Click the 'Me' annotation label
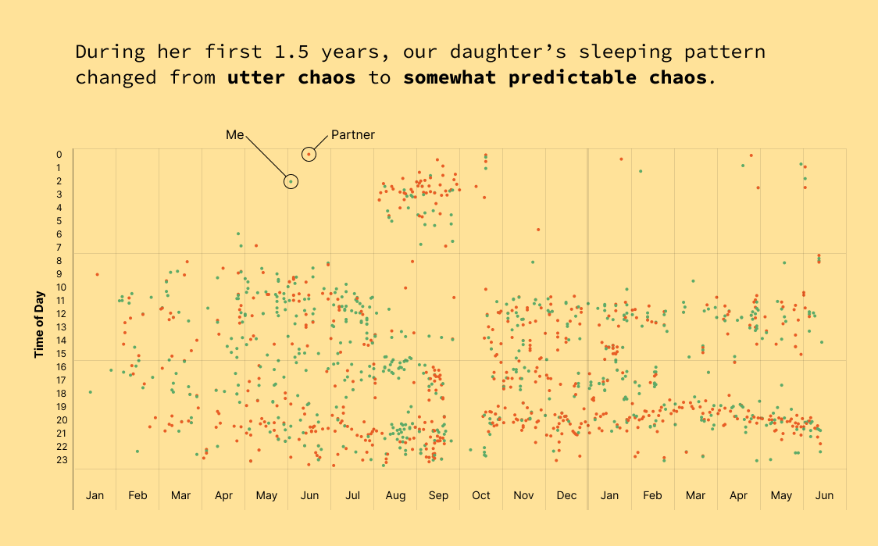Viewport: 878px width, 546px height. (x=235, y=135)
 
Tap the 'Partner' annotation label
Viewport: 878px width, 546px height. (x=353, y=135)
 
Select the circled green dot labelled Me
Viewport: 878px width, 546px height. (x=291, y=181)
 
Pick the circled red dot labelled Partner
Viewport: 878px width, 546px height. (x=309, y=155)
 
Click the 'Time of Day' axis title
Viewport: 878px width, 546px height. (x=38, y=325)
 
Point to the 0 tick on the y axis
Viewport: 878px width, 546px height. (x=59, y=155)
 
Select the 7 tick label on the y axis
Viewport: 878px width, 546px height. (x=59, y=248)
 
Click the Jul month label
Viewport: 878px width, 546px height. (x=352, y=495)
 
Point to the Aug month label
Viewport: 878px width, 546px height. (x=395, y=495)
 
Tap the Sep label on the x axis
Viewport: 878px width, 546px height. (x=438, y=495)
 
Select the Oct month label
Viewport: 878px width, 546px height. (x=481, y=495)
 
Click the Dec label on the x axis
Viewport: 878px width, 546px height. (x=567, y=495)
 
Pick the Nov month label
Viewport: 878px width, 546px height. (x=523, y=495)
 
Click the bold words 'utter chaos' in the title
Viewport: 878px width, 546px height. (x=291, y=78)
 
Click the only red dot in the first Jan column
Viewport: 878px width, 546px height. (x=97, y=274)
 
